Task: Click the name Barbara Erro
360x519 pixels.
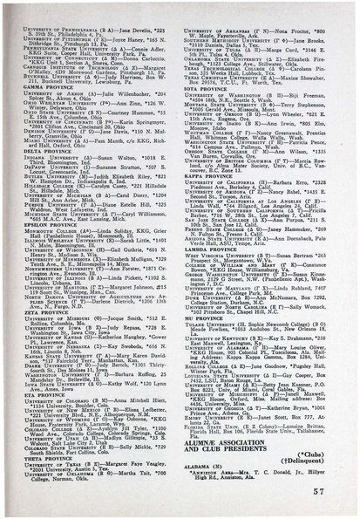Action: (x=309, y=209)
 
